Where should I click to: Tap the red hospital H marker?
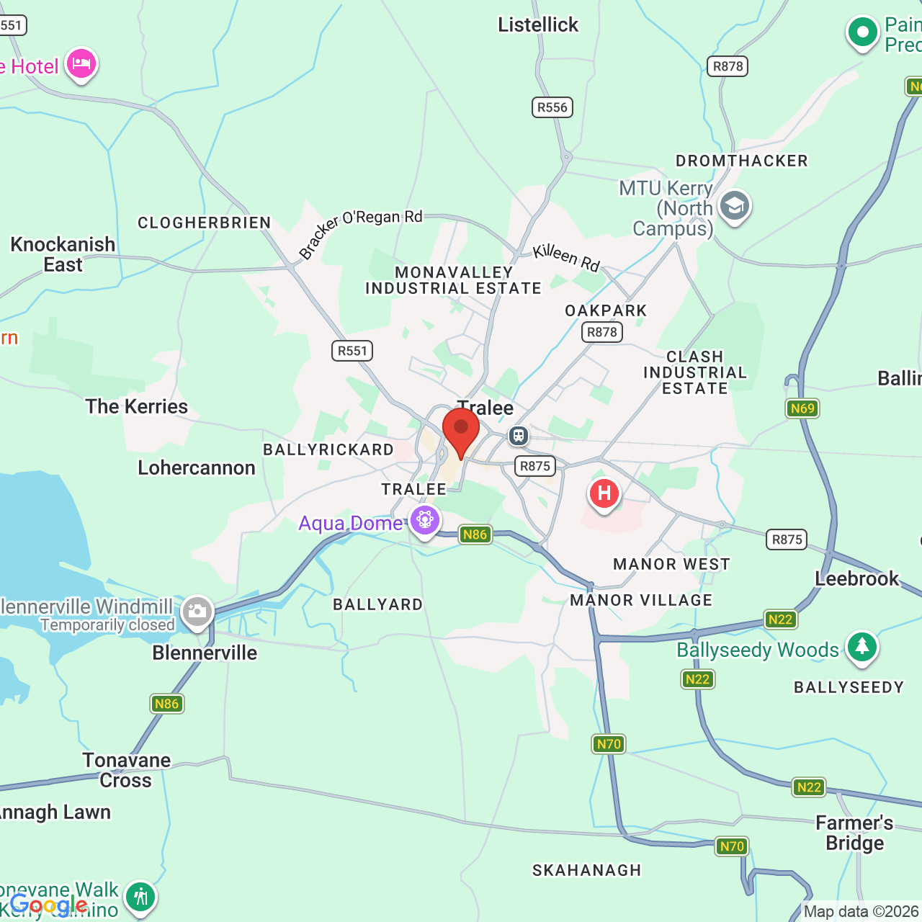(604, 494)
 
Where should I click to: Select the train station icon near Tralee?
(519, 436)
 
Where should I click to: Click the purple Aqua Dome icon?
(424, 519)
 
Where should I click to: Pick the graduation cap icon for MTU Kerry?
(734, 206)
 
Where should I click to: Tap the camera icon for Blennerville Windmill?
(197, 612)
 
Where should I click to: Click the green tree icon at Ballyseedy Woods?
(861, 647)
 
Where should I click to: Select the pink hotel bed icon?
(81, 64)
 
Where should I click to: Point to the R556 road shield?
(552, 107)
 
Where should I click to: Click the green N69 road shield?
(802, 408)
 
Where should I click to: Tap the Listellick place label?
(538, 24)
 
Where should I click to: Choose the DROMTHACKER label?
(741, 161)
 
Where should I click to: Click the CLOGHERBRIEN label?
(205, 223)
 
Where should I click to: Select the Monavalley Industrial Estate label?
(453, 280)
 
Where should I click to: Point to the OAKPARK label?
(606, 310)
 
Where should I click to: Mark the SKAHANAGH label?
(586, 870)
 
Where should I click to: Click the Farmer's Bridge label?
(854, 833)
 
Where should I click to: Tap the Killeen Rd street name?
(566, 257)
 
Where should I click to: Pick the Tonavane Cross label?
(126, 770)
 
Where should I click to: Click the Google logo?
(48, 905)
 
